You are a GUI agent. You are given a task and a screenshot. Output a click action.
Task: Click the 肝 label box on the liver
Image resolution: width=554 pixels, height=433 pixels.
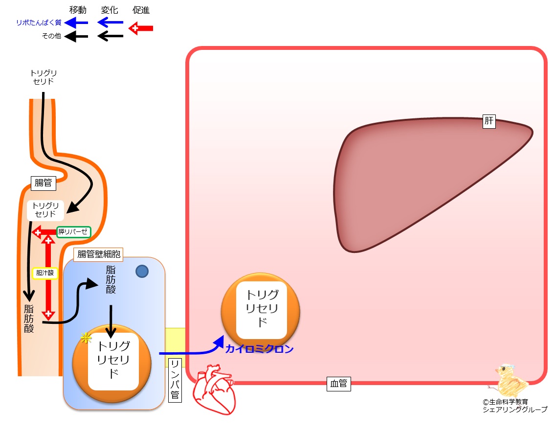coord(489,121)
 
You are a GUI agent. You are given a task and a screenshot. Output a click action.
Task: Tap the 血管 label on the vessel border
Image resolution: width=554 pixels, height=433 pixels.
coord(338,384)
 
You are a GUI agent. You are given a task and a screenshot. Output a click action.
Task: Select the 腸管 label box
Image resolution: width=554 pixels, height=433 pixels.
coord(44,183)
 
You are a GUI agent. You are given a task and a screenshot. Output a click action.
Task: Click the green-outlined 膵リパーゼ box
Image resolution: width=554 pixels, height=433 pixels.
coord(73,232)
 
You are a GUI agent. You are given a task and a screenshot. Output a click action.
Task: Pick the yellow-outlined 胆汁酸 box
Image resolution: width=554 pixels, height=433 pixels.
coord(45,273)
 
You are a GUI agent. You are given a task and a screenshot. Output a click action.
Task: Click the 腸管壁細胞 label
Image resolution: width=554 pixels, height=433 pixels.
coord(98,254)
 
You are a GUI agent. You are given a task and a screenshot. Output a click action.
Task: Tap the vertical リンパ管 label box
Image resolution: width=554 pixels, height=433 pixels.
coord(175,380)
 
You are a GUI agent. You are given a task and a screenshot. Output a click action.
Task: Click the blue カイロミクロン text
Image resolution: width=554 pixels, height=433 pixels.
coord(260,349)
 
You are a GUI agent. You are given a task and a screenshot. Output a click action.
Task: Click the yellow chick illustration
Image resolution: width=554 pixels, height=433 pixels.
coord(510,381)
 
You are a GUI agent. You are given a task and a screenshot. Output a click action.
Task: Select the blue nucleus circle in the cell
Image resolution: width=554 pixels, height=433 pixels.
coord(142,272)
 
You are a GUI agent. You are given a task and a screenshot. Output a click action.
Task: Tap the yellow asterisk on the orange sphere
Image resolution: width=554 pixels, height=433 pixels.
coord(86,338)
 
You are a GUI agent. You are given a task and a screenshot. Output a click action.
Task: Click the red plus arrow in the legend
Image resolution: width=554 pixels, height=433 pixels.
coord(141,28)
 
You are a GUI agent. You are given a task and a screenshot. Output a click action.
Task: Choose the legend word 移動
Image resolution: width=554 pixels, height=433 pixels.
coord(78,10)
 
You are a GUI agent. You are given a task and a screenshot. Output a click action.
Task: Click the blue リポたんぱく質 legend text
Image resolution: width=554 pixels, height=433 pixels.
coord(39,23)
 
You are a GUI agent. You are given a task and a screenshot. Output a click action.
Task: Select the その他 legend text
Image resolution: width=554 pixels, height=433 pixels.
coord(51,36)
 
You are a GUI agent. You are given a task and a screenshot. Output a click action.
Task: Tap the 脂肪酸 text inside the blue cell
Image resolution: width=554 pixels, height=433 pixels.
coord(111,280)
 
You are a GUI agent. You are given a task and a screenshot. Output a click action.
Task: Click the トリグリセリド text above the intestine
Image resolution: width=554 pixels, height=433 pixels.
coord(44,77)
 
